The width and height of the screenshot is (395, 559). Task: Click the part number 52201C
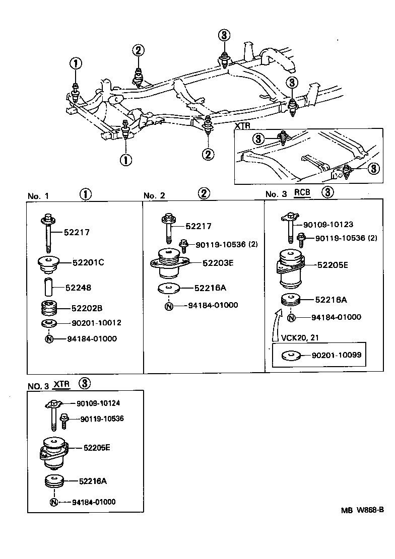(88, 262)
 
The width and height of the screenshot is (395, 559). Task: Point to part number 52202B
(87, 307)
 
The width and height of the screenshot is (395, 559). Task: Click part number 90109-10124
(98, 403)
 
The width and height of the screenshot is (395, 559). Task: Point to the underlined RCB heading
(302, 192)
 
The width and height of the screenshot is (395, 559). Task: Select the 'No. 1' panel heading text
(38, 196)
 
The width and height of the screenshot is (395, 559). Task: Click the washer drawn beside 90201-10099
(290, 356)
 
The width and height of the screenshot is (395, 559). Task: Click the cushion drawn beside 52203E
(170, 263)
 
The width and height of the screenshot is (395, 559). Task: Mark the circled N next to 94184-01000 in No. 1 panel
(49, 338)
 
